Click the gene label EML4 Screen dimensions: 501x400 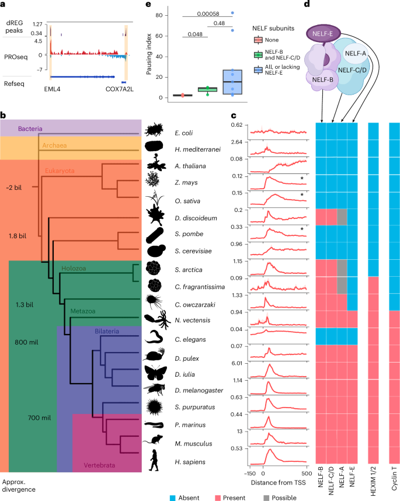(54, 91)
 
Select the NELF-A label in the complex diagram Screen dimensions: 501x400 (356, 53)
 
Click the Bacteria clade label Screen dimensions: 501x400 (31, 128)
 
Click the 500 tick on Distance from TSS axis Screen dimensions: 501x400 (305, 474)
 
